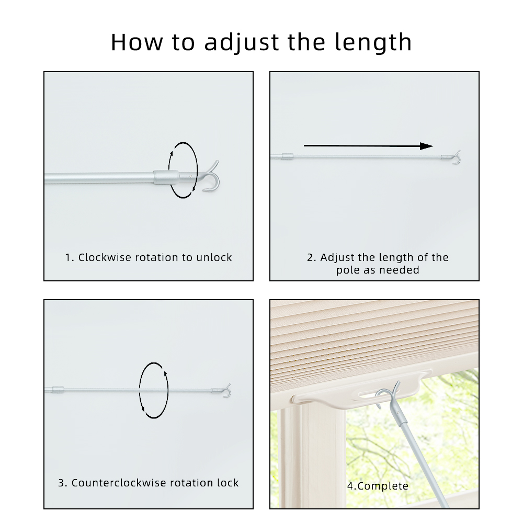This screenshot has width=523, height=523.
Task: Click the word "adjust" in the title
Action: coord(242,42)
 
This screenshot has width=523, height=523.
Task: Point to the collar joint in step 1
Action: coord(166,177)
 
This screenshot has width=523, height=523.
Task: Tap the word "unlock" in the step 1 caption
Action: coord(214,257)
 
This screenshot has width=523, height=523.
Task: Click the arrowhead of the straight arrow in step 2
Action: coord(426,146)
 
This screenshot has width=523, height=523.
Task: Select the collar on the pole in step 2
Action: coord(288,156)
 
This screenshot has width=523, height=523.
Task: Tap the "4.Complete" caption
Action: coord(378,486)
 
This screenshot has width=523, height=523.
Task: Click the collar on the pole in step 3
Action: coord(58,390)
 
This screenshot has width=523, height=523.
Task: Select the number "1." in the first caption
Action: coord(70,257)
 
